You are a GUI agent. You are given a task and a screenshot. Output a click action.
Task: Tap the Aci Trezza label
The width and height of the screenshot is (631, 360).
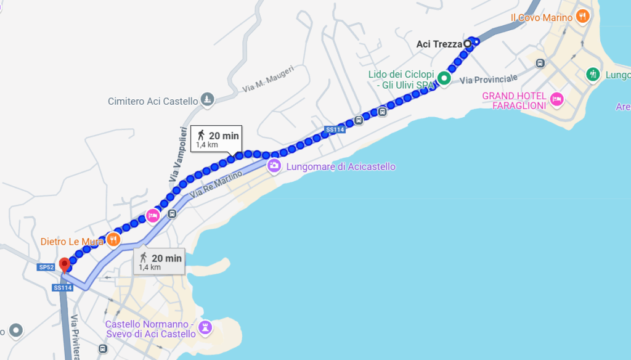pos(439,44)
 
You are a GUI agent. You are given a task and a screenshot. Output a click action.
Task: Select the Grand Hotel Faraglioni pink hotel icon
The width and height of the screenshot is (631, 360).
pos(557,99)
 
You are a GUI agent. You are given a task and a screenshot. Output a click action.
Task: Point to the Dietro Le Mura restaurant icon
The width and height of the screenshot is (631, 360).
pos(113,240)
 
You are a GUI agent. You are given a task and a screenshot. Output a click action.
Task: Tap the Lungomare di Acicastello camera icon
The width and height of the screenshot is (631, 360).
pos(274,166)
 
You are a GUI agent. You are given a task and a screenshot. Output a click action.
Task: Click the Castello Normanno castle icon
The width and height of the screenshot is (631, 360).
pos(206,326)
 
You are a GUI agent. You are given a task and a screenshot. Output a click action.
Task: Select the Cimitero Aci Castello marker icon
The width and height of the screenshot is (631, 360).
pos(208,100)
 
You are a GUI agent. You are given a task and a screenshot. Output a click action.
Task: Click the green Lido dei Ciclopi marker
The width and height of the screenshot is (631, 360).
pos(444,78)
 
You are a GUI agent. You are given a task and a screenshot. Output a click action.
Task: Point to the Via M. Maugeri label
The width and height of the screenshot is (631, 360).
pos(269,79)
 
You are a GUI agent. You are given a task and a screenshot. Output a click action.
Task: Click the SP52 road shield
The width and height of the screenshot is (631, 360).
pos(46,267)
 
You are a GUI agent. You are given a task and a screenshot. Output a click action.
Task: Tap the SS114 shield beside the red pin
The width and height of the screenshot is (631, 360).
pos(62,287)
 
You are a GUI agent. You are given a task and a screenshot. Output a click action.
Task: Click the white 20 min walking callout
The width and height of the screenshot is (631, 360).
pos(215,139)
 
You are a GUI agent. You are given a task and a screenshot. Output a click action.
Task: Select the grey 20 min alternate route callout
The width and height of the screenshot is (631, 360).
pos(159,261)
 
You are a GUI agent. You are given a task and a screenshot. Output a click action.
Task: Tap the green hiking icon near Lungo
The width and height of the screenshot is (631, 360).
pos(592,74)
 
